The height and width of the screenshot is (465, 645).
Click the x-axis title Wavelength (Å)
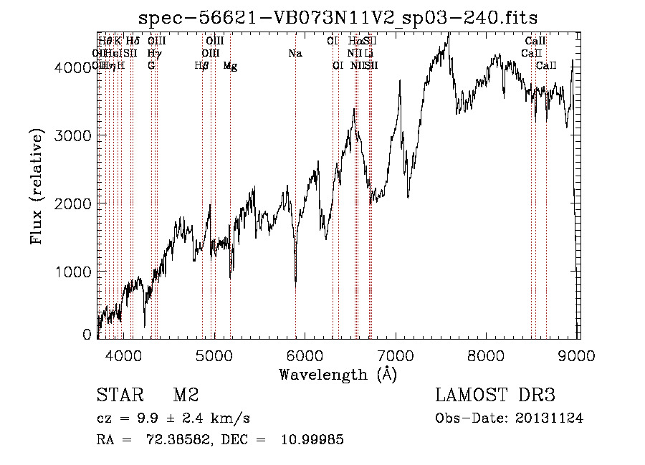(338, 374)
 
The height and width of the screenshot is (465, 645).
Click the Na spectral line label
(295, 53)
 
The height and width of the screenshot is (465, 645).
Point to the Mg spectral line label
(230, 66)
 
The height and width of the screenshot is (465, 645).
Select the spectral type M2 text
(186, 396)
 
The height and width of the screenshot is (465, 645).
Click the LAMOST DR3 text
(494, 396)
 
